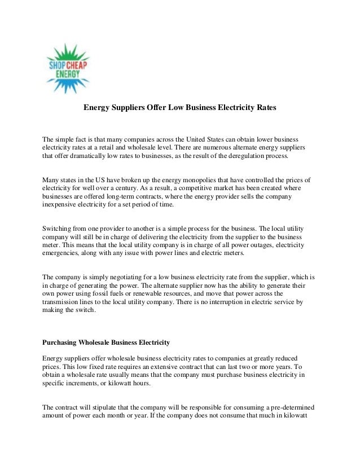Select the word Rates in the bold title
point(264,106)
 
